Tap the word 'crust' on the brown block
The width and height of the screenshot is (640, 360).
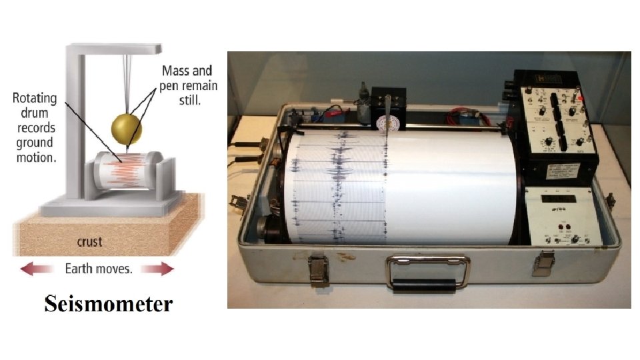(89, 241)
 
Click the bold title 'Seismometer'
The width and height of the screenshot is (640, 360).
(109, 304)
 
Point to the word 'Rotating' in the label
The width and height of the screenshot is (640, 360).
(35, 99)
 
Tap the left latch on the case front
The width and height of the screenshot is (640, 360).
(319, 271)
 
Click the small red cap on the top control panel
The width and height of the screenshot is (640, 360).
(581, 98)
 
